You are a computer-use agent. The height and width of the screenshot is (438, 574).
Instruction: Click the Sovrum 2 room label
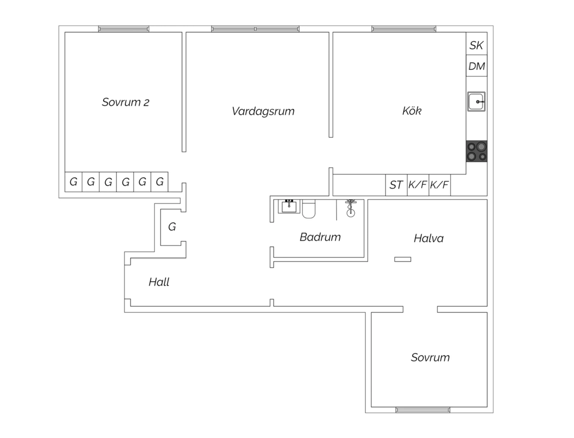pos(126,102)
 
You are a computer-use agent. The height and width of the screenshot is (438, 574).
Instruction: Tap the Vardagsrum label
pos(263,111)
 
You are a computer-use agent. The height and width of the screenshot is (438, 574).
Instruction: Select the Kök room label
pos(412,111)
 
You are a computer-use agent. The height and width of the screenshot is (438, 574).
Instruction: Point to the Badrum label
pos(320,237)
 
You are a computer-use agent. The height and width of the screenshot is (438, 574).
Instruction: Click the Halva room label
pos(429,239)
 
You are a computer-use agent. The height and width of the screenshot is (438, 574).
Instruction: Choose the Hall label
pos(159,282)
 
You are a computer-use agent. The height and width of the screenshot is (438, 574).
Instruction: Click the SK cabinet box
pos(476,43)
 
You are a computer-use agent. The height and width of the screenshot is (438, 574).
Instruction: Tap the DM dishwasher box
pos(476,66)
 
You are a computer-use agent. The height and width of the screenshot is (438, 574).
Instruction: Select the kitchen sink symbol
pos(476,101)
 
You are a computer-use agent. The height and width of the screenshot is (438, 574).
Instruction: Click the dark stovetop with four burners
pos(476,151)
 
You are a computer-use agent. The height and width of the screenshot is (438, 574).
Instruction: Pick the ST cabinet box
pos(396,185)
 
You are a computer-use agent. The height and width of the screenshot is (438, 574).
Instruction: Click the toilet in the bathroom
pos(309,209)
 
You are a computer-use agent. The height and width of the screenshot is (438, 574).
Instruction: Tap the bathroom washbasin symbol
pos(289,206)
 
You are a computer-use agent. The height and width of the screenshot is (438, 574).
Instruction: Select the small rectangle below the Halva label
pos(403,259)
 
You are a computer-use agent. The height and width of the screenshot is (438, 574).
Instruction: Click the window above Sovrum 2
pos(124,29)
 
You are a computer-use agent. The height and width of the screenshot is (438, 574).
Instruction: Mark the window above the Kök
pos(404,29)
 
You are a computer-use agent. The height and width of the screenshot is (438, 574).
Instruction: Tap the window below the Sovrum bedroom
pos(423,410)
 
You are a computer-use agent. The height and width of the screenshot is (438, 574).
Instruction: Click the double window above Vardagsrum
pos(255,29)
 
